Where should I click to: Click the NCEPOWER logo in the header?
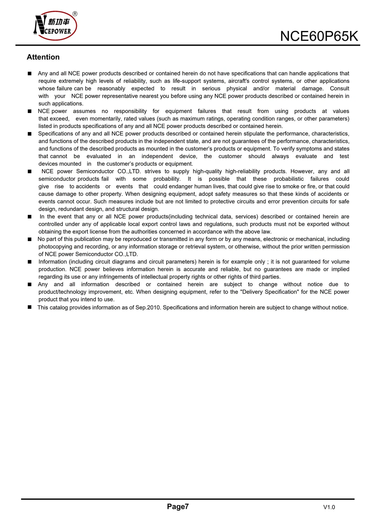pyautogui.click(x=55, y=26)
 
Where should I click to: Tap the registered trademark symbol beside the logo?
pyautogui.click(x=75, y=14)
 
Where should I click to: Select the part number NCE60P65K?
pyautogui.click(x=319, y=36)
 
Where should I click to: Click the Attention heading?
pyautogui.click(x=43, y=57)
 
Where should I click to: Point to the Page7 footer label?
pyautogui.click(x=178, y=507)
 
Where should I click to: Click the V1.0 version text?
pyautogui.click(x=329, y=507)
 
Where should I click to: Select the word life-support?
pyautogui.click(x=187, y=81)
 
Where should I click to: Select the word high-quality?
pyautogui.click(x=207, y=172)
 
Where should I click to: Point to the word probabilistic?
pyautogui.click(x=289, y=179)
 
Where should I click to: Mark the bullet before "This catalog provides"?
pyautogui.click(x=30, y=307)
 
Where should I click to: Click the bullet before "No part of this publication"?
pyautogui.click(x=30, y=239)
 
